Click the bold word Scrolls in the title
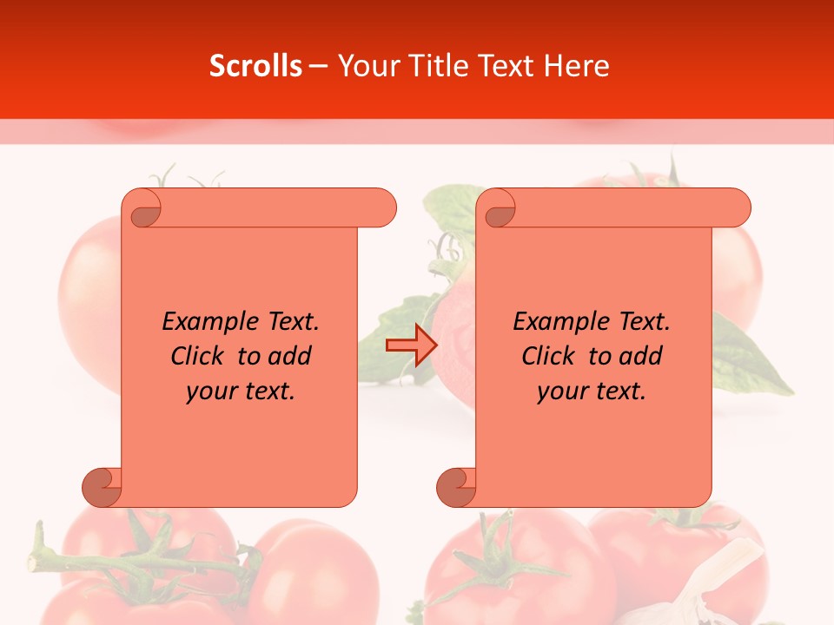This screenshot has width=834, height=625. [x=255, y=66]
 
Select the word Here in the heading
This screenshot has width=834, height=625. [x=575, y=66]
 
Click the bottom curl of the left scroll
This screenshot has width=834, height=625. [x=103, y=487]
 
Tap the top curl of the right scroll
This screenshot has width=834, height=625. [x=498, y=208]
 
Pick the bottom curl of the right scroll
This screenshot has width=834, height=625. [x=457, y=487]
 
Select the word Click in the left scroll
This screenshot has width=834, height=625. [x=196, y=356]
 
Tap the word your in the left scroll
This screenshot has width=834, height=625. [x=212, y=391]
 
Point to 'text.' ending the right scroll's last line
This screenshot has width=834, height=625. [x=620, y=391]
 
